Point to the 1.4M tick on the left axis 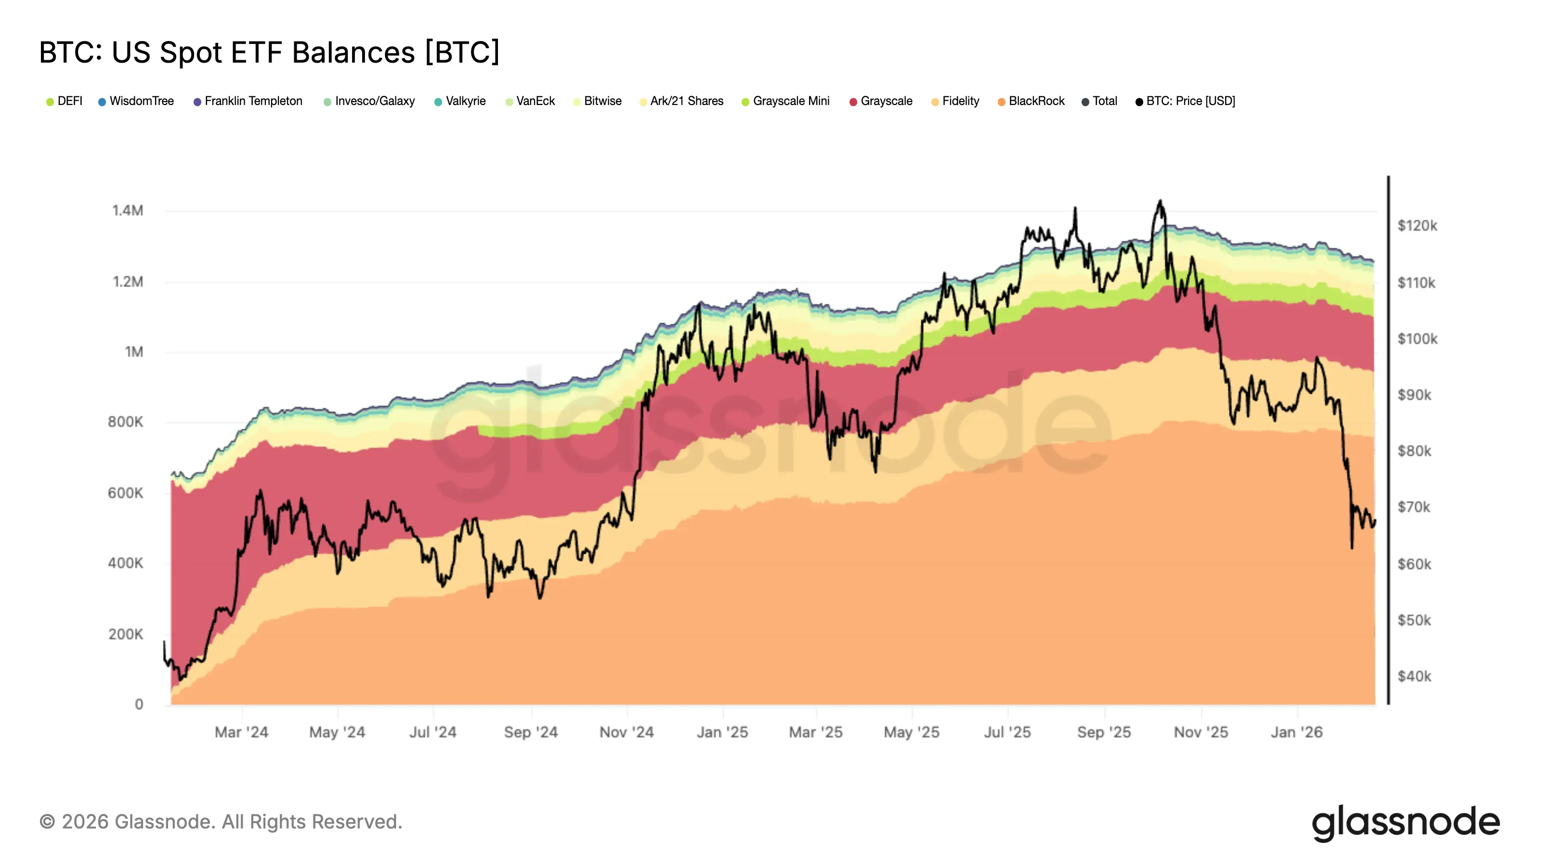(128, 210)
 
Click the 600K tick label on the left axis (126, 493)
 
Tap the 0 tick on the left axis (139, 704)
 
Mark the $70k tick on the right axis (1413, 507)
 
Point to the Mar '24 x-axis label (242, 732)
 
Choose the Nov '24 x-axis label (627, 732)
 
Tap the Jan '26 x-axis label (1296, 732)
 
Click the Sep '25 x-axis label (1104, 732)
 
